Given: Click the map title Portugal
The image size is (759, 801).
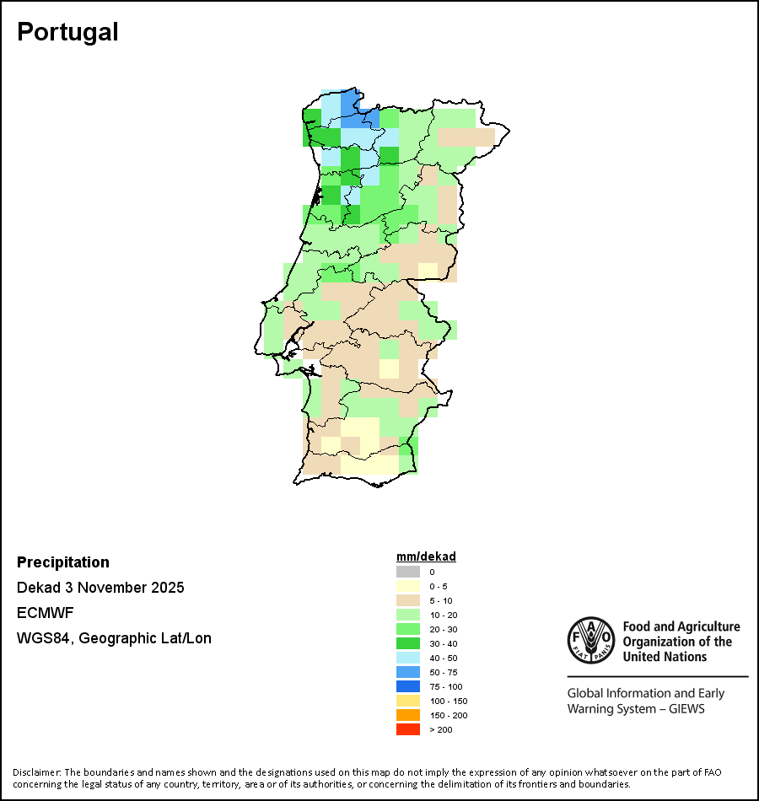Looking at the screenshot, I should pos(67,32).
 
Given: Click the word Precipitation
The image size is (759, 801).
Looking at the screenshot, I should pos(63,562).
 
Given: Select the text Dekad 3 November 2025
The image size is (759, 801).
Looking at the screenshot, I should pos(100,588).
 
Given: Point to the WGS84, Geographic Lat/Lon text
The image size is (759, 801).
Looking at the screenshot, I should pos(114,638).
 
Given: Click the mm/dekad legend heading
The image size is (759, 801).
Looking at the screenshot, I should pos(426,556).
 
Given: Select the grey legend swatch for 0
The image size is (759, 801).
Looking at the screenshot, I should pos(408,572).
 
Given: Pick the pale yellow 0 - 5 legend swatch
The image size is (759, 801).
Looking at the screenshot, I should pos(408,586).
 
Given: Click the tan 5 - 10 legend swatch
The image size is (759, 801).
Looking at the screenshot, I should pos(408,600).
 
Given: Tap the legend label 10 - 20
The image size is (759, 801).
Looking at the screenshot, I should pos(442,615).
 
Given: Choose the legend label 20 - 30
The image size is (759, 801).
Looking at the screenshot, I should pos(442,629).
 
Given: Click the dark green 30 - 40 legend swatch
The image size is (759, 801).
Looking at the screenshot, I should pos(408,643).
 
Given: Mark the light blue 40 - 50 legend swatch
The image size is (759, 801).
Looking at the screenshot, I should pos(408,658).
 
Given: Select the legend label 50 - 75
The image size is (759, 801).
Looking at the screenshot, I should pos(442,672).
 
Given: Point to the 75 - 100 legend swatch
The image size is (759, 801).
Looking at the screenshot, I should pos(408,686).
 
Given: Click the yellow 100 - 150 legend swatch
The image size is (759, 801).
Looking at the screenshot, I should pos(408,701).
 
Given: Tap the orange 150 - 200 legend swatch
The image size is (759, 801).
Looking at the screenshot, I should pos(408,715).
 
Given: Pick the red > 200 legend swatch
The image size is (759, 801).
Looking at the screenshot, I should pos(408,729).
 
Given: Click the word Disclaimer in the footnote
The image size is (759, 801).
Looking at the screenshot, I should pos(36,772).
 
